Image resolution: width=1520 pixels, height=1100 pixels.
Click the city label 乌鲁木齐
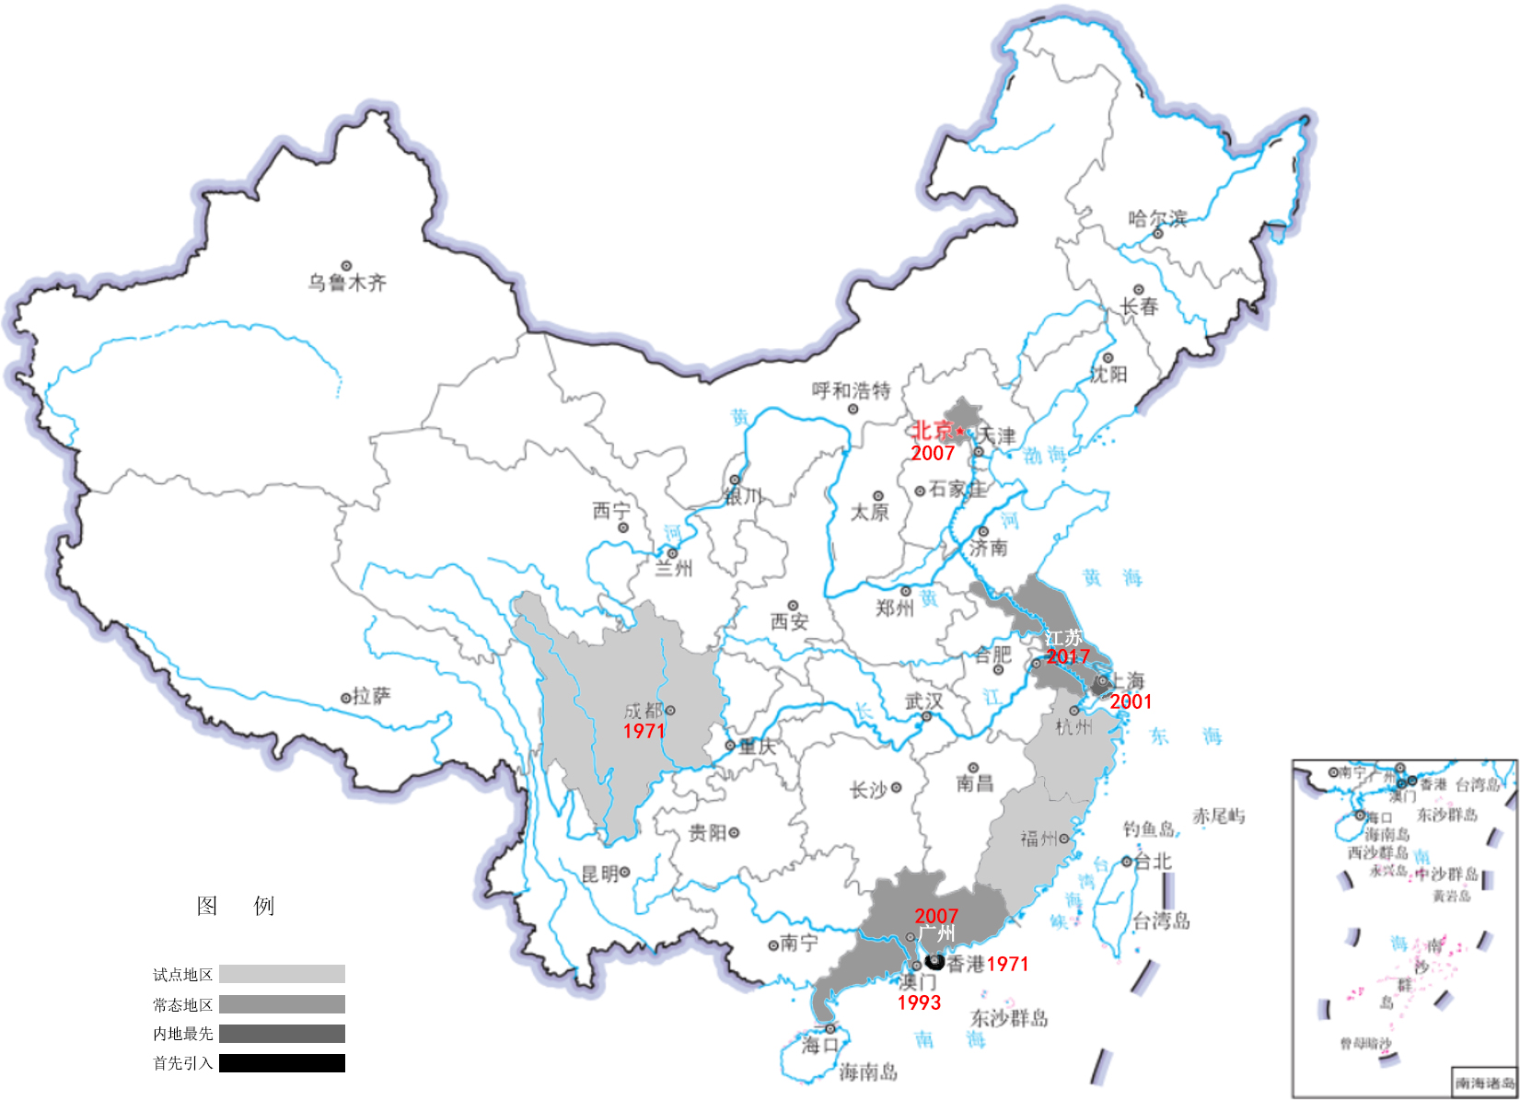[347, 283]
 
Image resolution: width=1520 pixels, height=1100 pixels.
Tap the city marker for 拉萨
[346, 698]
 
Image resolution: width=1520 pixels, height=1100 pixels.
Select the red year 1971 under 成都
[644, 731]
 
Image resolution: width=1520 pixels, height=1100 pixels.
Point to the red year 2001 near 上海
[1131, 701]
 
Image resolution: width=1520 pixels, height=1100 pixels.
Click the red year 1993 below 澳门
[919, 1002]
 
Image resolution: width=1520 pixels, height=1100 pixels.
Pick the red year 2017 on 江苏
[1067, 656]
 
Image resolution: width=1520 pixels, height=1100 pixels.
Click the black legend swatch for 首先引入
[282, 1063]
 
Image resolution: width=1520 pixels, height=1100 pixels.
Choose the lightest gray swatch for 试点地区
[282, 974]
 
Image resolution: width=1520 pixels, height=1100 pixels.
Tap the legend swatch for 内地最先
[282, 1034]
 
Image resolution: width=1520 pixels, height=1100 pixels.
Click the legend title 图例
[235, 906]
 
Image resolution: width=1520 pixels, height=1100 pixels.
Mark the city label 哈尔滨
[1157, 218]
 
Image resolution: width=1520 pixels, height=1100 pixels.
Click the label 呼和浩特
[851, 390]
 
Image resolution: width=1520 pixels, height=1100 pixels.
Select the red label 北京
[932, 430]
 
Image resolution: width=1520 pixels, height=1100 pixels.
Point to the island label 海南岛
[867, 1071]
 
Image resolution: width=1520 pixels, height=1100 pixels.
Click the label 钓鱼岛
[1148, 828]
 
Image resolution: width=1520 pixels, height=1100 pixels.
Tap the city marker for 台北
[1126, 862]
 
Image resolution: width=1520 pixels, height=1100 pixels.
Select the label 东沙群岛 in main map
[1009, 1018]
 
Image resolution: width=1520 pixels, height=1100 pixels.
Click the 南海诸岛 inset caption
[1483, 1083]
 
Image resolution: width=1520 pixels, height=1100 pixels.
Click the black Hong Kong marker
[935, 962]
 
